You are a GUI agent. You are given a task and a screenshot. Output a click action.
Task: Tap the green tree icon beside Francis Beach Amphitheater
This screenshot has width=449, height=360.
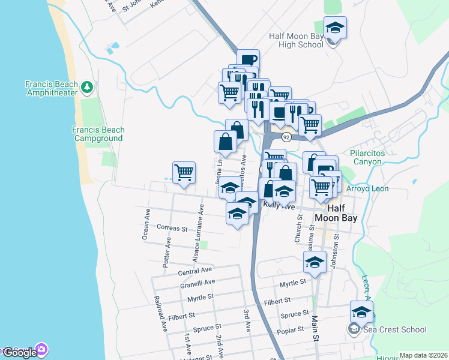(88, 88)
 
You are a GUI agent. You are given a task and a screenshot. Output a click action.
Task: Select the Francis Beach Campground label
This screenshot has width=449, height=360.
(98, 134)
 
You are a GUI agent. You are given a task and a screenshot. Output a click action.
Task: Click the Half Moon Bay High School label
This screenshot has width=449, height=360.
(297, 40)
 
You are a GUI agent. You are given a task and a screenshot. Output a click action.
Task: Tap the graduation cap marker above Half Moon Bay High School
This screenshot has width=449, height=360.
(336, 27)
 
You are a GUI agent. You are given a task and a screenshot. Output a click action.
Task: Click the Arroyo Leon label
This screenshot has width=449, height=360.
(368, 188)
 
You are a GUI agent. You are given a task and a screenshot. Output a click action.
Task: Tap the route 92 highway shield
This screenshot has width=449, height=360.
(286, 137)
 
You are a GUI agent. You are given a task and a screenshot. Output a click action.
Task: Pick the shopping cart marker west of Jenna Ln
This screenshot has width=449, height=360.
(184, 172)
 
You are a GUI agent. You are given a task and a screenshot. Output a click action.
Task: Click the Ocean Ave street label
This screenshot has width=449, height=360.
(146, 224)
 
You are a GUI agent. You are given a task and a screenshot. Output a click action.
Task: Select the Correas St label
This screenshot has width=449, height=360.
(172, 228)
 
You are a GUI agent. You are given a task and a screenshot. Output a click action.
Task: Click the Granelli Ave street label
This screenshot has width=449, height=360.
(197, 283)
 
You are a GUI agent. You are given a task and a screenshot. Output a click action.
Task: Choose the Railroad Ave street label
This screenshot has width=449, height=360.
(160, 314)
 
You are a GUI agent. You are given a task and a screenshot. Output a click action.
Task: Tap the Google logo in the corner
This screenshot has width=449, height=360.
(20, 352)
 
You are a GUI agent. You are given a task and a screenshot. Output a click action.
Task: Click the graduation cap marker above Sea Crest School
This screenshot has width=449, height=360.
(361, 312)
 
